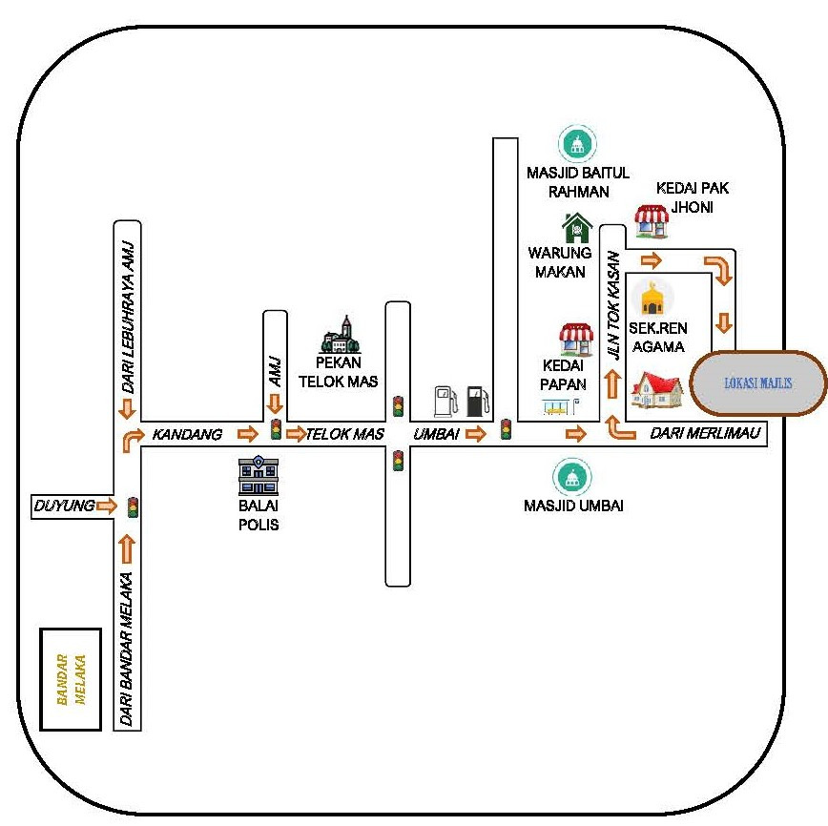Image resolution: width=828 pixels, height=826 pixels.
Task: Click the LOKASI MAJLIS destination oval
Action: (758, 383)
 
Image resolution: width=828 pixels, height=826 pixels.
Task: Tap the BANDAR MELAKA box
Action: (71, 678)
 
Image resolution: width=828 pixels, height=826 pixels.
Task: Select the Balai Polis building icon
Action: (258, 476)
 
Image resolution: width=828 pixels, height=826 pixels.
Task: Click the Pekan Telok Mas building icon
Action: (340, 335)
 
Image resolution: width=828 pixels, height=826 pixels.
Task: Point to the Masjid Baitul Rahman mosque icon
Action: (577, 145)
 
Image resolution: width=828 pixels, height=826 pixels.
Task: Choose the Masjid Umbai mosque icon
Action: (572, 477)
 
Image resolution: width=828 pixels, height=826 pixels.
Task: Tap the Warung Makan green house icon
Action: (576, 229)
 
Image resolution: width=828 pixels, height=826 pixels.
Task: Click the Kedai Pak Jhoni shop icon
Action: (652, 221)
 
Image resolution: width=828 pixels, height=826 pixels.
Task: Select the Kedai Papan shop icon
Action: (576, 340)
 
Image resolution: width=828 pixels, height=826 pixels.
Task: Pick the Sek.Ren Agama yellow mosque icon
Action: (652, 298)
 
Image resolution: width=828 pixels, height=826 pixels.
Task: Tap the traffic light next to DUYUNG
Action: (133, 506)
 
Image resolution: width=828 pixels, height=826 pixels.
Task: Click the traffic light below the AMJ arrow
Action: (276, 428)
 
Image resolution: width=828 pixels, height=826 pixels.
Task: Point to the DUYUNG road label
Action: (64, 506)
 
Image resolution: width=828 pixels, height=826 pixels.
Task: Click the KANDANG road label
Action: (187, 435)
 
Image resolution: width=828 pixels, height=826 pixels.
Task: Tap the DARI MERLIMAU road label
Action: (705, 434)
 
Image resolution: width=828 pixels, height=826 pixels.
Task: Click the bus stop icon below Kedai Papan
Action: (554, 407)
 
